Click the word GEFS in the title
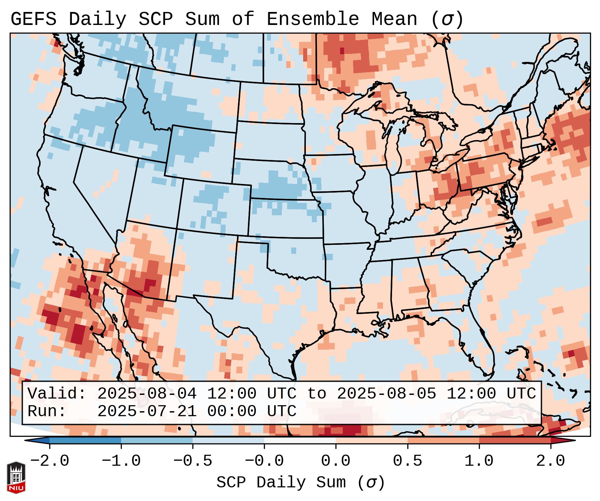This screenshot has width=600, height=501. [33, 19]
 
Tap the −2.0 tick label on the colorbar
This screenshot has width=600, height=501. [50, 461]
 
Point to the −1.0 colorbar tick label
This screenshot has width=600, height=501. [121, 461]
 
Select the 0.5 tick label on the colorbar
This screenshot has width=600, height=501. [407, 461]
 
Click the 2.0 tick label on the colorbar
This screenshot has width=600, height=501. [550, 461]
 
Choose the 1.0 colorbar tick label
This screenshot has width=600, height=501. [479, 461]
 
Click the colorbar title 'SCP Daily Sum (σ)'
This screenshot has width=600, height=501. [300, 483]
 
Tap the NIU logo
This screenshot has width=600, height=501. [16, 478]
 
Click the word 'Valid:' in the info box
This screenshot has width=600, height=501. [57, 394]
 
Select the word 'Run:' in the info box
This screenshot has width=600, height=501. [47, 412]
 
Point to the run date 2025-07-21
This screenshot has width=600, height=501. [147, 412]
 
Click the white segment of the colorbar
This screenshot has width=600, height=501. [300, 440]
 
